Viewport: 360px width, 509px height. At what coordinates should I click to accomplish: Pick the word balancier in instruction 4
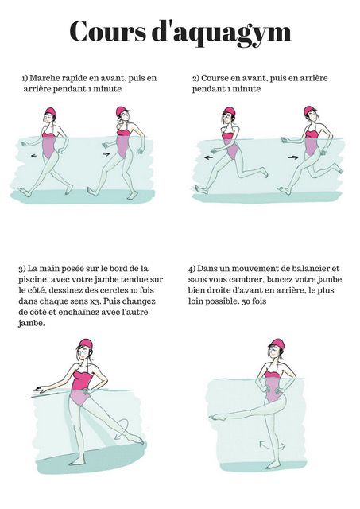[x=306, y=269]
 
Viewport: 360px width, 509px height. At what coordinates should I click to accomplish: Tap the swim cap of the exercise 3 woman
[x=86, y=345]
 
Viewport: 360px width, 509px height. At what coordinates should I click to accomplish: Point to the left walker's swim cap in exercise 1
[x=50, y=113]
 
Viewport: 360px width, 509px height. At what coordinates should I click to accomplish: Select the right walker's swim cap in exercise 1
[x=122, y=112]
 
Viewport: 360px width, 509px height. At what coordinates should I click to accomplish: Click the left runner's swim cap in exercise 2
[x=229, y=112]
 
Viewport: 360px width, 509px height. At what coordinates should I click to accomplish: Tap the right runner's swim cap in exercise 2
[x=309, y=112]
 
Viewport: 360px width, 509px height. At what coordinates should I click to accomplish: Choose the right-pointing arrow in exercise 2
[x=292, y=157]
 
